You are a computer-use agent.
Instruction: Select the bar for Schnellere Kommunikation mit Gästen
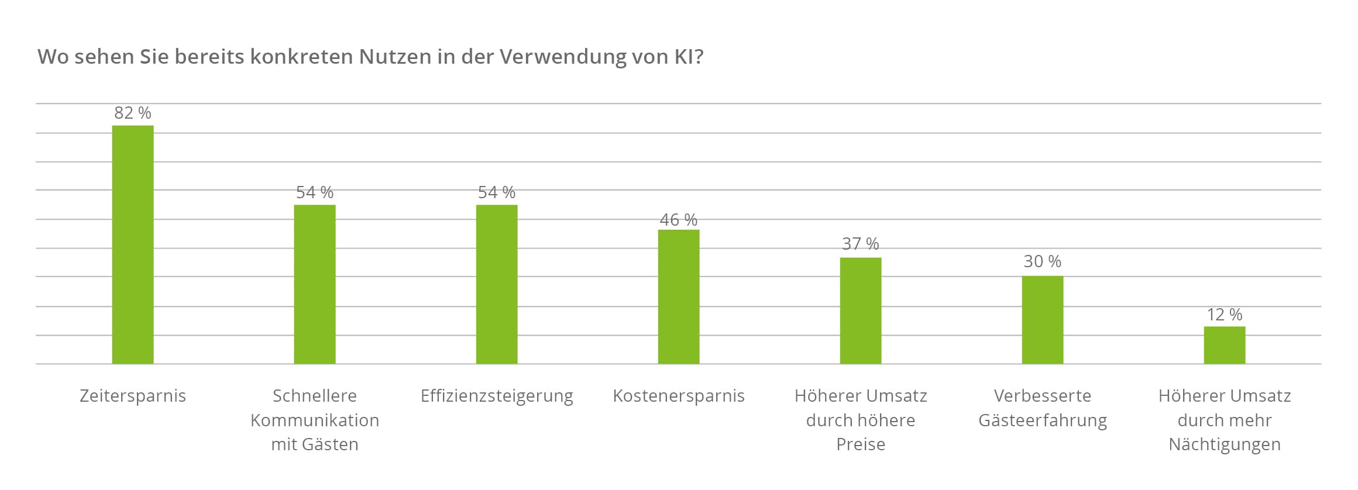click(315, 284)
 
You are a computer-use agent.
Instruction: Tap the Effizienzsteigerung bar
click(497, 284)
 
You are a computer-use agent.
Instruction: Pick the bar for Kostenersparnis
click(679, 296)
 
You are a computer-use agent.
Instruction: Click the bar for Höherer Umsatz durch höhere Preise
click(861, 310)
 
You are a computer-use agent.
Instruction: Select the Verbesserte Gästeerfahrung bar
click(1043, 320)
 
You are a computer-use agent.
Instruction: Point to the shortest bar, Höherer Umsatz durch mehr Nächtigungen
click(1225, 345)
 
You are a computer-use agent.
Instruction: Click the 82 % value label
click(133, 113)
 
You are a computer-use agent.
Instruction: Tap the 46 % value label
click(679, 220)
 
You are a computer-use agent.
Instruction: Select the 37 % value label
click(861, 244)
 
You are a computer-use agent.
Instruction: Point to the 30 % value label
click(1043, 261)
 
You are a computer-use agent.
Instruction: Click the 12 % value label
click(1225, 315)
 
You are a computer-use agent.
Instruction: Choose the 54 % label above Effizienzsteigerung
click(497, 192)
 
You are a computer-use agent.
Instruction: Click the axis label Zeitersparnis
click(133, 396)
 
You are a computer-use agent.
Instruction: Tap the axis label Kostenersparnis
click(679, 396)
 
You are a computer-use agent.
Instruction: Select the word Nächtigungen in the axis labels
click(1225, 444)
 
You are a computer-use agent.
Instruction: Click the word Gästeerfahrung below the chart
click(1043, 420)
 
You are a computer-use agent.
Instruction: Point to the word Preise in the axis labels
click(861, 444)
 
